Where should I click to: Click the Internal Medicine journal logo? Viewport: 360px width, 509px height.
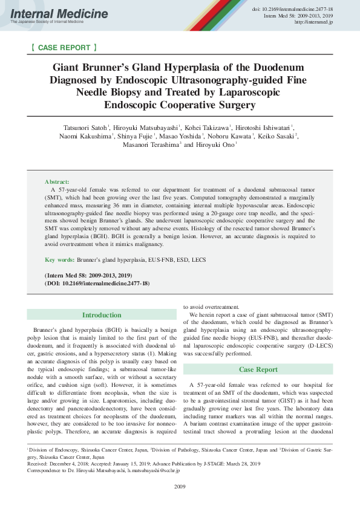pyautogui.click(x=59, y=13)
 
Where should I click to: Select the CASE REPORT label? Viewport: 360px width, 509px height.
pyautogui.click(x=63, y=47)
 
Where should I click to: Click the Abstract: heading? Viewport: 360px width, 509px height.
pyautogui.click(x=57, y=181)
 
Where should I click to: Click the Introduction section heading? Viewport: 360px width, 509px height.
pyautogui.click(x=102, y=315)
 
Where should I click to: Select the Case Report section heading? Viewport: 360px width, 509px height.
pyautogui.click(x=258, y=369)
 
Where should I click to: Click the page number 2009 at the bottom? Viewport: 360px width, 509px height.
pyautogui.click(x=180, y=486)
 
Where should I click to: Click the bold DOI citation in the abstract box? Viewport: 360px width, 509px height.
pyautogui.click(x=97, y=283)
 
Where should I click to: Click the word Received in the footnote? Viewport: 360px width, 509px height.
pyautogui.click(x=39, y=464)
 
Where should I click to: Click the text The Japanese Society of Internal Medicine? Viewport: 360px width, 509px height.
pyautogui.click(x=47, y=22)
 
